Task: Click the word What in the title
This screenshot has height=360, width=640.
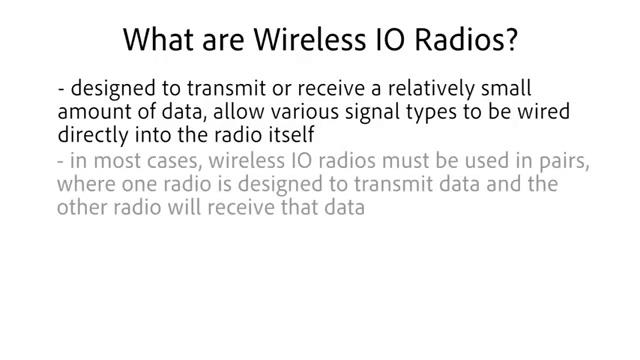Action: pyautogui.click(x=159, y=39)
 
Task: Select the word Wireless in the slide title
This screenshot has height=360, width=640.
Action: pyautogui.click(x=310, y=39)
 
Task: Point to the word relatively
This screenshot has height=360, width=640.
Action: pyautogui.click(x=431, y=88)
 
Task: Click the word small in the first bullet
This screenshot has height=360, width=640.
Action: pyautogui.click(x=506, y=88)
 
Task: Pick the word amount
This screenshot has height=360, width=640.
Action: pyautogui.click(x=94, y=111)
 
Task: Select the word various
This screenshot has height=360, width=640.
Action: pyautogui.click(x=304, y=111)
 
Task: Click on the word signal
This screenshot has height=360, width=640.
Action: pyautogui.click(x=372, y=112)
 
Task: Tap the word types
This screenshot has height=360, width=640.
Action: pyautogui.click(x=431, y=113)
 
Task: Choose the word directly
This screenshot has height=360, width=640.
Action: pyautogui.click(x=93, y=136)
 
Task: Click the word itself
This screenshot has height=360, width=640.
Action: pyautogui.click(x=291, y=135)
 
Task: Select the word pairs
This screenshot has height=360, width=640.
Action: pyautogui.click(x=565, y=162)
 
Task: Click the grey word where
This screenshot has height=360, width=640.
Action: pyautogui.click(x=86, y=184)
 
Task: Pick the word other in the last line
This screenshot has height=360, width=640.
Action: pyautogui.click(x=82, y=207)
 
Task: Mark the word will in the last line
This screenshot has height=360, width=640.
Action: pyautogui.click(x=184, y=207)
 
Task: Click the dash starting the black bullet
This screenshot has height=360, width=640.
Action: pyautogui.click(x=61, y=89)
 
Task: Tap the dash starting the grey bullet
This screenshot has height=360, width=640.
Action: pyautogui.click(x=60, y=162)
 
